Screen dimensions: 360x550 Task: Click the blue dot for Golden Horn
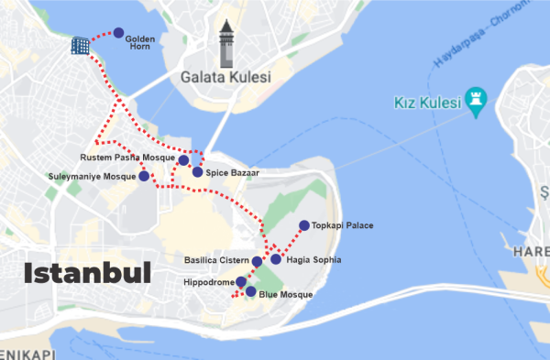tap(118, 33)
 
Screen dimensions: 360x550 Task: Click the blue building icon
tap(82, 45)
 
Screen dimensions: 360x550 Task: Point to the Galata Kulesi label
tap(226, 78)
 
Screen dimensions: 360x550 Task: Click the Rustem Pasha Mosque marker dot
tap(183, 160)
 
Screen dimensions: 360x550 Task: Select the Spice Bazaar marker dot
tap(196, 172)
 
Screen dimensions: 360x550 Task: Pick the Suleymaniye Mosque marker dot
tap(143, 176)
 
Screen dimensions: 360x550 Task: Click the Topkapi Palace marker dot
tap(303, 225)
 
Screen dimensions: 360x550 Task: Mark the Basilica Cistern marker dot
tap(257, 262)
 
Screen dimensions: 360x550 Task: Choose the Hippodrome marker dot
tap(241, 282)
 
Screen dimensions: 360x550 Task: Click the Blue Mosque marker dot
tap(250, 291)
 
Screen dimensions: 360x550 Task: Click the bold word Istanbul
tap(87, 272)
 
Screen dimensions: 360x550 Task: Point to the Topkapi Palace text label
tap(343, 225)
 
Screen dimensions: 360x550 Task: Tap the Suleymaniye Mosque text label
tap(91, 176)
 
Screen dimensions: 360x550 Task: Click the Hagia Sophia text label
tap(313, 260)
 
